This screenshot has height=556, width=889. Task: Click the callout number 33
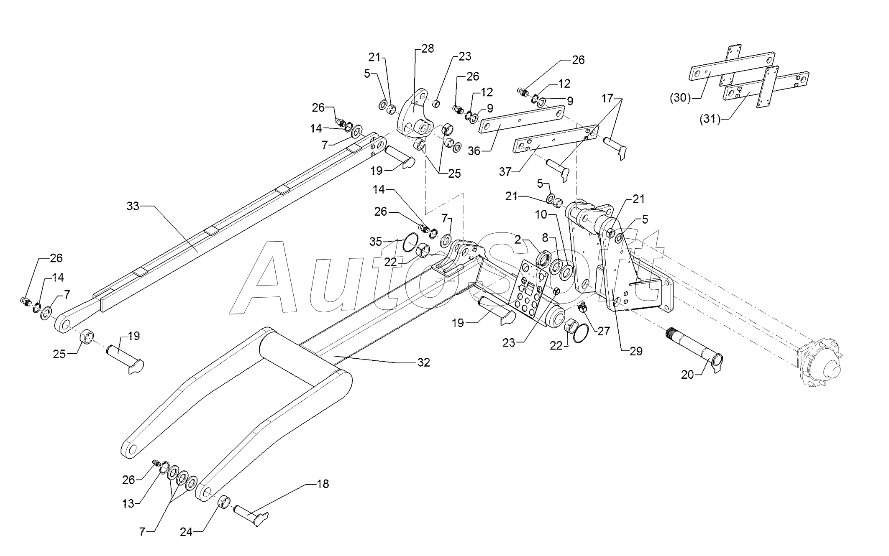(x=133, y=206)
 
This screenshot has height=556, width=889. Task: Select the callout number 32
(x=424, y=363)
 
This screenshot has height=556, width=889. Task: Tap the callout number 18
(x=323, y=484)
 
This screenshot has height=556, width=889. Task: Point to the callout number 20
(x=687, y=375)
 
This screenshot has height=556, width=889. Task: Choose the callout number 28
(x=427, y=48)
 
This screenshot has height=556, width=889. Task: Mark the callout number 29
(x=635, y=352)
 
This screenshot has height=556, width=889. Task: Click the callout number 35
(x=376, y=242)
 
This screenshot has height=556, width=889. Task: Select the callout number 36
(x=474, y=151)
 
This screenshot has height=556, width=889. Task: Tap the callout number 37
(x=506, y=172)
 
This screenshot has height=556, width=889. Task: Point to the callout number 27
(x=604, y=332)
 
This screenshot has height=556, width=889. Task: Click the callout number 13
(x=128, y=504)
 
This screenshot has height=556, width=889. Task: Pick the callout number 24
(x=186, y=532)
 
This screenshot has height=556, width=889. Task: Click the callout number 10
(x=541, y=215)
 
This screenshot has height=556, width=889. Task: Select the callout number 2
(x=518, y=240)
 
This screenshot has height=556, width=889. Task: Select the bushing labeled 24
(x=226, y=501)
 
